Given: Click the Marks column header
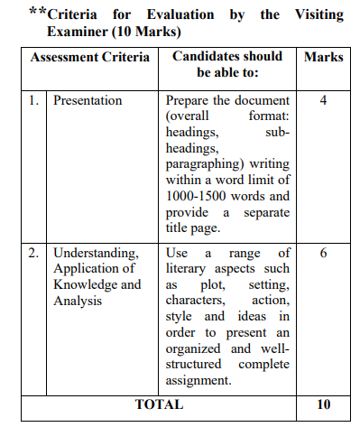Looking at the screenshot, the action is point(323,57).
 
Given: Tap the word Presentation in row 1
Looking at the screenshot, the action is point(88,100).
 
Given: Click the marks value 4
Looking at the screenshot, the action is point(323,100).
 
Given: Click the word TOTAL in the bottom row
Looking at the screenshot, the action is point(159,404).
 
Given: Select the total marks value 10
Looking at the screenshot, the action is point(323,404).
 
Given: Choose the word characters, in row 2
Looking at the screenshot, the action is point(196,301).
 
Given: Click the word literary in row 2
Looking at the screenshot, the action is point(189,269).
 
